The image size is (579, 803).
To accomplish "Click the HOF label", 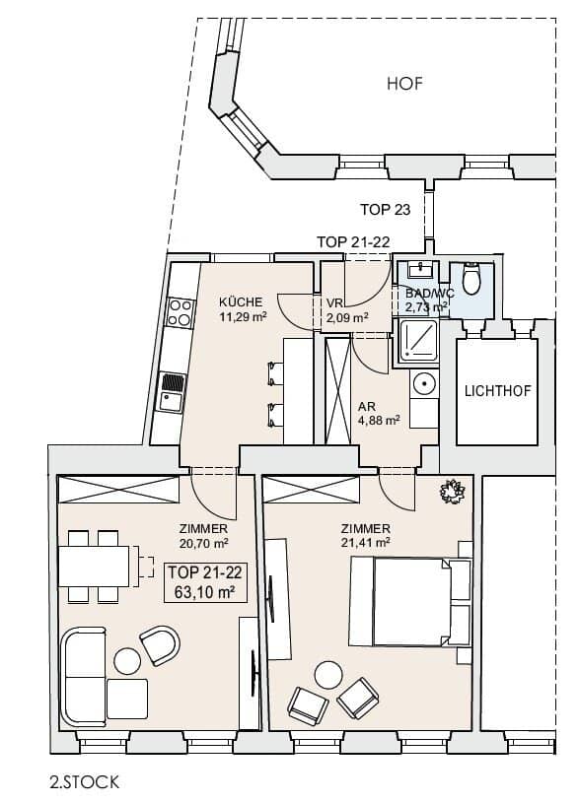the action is click(x=404, y=84).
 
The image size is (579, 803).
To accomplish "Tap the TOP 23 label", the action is click(x=385, y=209).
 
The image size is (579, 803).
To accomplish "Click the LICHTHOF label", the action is click(x=497, y=391).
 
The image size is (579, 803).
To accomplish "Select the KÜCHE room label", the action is click(x=241, y=301).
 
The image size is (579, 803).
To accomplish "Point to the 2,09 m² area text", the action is click(x=348, y=317).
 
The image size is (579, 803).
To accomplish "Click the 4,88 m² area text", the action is click(x=379, y=421).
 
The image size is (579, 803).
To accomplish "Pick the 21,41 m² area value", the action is click(x=366, y=542).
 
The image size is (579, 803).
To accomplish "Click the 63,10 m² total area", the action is click(x=204, y=592).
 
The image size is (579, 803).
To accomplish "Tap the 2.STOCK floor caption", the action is click(x=85, y=782).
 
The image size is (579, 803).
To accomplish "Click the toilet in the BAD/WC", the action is click(x=470, y=278).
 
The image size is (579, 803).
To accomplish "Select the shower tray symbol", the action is click(x=418, y=340).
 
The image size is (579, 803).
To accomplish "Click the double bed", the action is click(x=410, y=601).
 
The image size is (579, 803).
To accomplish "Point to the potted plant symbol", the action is click(x=453, y=492).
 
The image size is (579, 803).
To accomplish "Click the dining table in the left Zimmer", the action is click(x=94, y=567).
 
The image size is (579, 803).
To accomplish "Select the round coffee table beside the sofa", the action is click(x=127, y=661).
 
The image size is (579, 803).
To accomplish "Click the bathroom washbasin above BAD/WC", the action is click(x=421, y=270).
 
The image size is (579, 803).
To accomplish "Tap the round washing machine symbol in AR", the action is click(x=424, y=382).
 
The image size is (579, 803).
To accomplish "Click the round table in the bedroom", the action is click(x=328, y=675).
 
